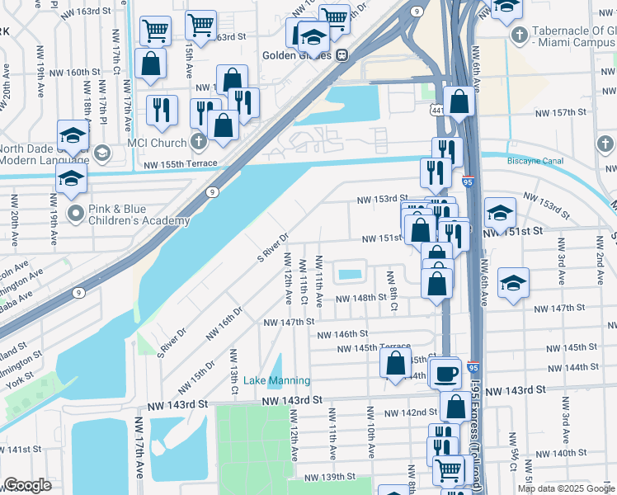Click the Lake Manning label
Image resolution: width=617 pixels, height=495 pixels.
click(x=276, y=380)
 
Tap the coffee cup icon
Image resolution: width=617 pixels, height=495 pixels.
click(x=446, y=373)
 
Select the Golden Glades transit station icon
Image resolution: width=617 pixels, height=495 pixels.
click(x=341, y=55)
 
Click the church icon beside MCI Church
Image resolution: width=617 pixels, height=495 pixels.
click(x=198, y=141)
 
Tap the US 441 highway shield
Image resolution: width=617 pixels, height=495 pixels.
click(x=437, y=109)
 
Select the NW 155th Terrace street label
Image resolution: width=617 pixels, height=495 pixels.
click(x=180, y=164)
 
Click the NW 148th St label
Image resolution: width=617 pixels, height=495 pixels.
click(x=360, y=298)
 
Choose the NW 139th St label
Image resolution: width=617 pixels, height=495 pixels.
click(x=329, y=477)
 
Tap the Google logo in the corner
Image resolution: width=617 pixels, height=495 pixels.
click(x=27, y=485)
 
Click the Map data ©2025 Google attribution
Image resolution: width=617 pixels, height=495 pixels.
click(x=565, y=488)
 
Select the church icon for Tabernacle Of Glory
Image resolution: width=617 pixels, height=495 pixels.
click(x=520, y=35)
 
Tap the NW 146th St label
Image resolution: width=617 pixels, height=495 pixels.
click(x=342, y=334)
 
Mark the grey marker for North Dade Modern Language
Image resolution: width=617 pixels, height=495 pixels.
click(x=102, y=152)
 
